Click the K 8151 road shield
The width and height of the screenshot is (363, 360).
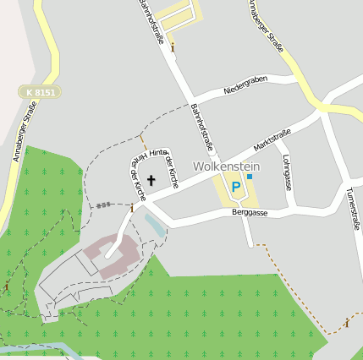tap(40, 91)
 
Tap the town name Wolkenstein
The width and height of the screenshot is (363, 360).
tap(227, 166)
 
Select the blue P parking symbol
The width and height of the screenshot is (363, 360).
tap(235, 187)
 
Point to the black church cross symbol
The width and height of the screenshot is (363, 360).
tap(151, 180)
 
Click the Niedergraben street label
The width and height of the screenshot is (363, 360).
tap(245, 84)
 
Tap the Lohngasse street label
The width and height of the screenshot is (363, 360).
tap(289, 170)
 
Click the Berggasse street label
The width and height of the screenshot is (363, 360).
tap(250, 214)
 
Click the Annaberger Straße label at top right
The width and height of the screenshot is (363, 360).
tap(266, 26)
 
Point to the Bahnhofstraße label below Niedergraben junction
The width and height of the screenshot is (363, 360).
tap(200, 125)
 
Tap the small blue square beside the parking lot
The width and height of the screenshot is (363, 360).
tap(250, 177)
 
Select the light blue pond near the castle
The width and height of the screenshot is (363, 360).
tap(155, 225)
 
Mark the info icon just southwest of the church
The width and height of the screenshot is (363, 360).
tap(132, 207)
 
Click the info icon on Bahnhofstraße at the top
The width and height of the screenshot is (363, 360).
tap(173, 47)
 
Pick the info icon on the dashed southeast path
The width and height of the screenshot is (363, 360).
tap(347, 323)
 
